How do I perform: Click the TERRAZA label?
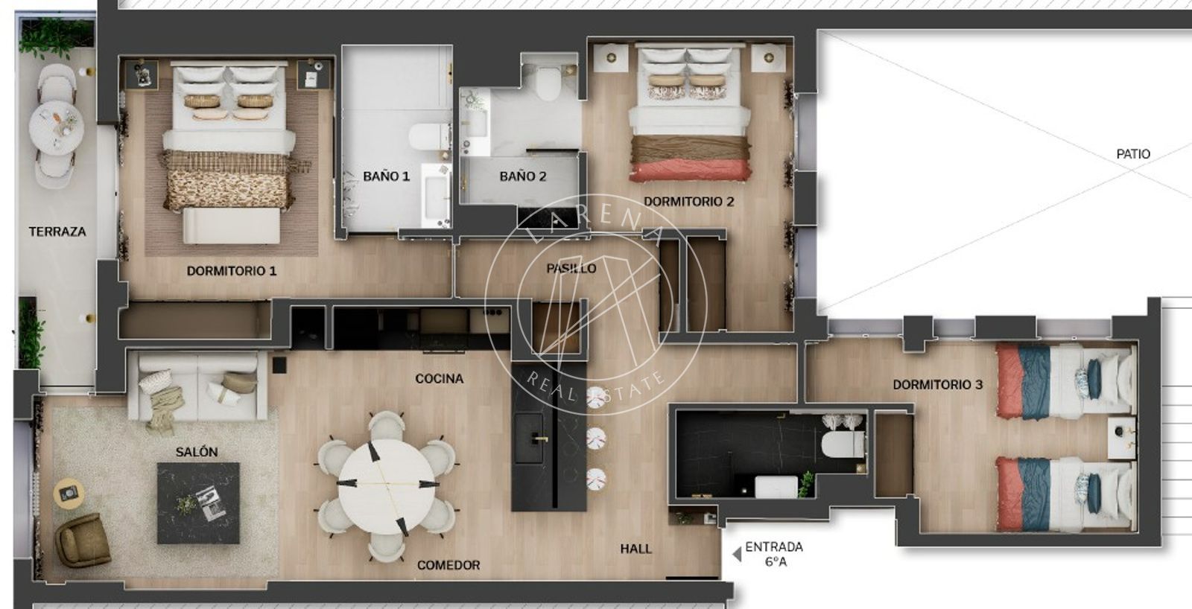[57, 232]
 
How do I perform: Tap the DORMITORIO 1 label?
[232, 271]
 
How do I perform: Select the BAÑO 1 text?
[387, 176]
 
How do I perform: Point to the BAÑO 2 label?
[523, 176]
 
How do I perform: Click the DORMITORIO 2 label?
[689, 202]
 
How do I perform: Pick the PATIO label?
[1133, 153]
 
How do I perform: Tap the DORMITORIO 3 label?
[938, 385]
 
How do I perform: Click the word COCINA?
[439, 378]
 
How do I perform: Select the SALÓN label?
[197, 452]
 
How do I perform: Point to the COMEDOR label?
[448, 565]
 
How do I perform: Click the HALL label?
[635, 549]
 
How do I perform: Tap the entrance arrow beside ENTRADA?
[737, 555]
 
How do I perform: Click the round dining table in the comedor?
[387, 487]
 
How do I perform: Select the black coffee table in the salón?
[198, 503]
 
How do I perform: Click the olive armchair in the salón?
[83, 539]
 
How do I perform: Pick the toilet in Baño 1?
[430, 137]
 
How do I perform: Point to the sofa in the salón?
[197, 386]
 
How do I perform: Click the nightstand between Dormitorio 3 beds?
[1121, 438]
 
